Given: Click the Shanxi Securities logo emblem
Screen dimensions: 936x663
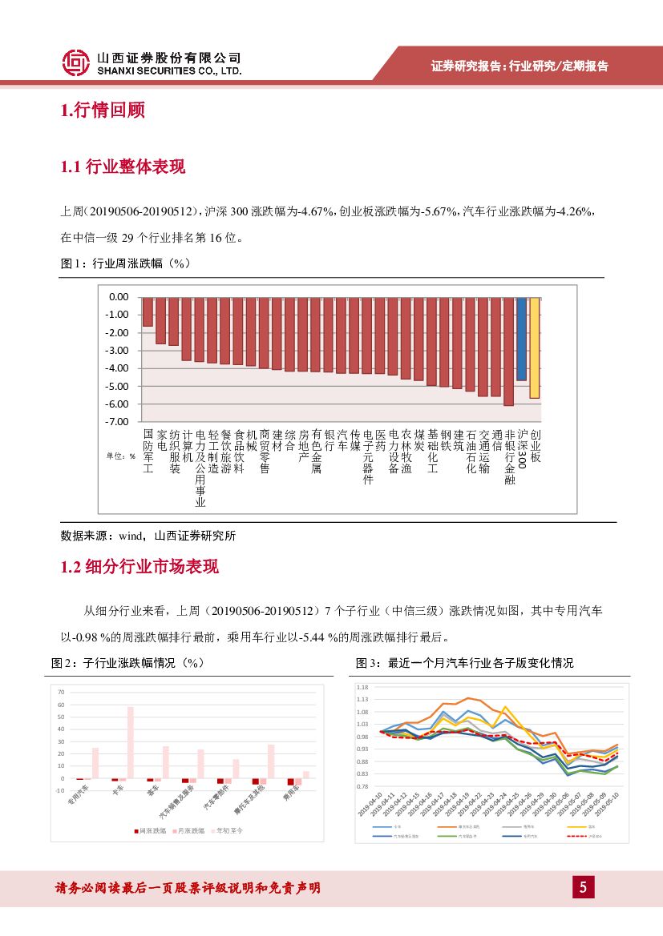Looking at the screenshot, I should pyautogui.click(x=75, y=62).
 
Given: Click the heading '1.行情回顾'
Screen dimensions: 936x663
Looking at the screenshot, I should pyautogui.click(x=103, y=110).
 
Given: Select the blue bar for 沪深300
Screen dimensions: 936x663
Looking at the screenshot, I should pyautogui.click(x=521, y=339).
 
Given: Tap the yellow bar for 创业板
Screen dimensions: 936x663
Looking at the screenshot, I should pyautogui.click(x=534, y=347).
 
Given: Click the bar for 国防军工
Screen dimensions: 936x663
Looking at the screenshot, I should pyautogui.click(x=148, y=311).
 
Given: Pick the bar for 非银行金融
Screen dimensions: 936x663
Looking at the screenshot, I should pyautogui.click(x=508, y=351).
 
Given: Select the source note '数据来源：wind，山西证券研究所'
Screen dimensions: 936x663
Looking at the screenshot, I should pyautogui.click(x=148, y=536).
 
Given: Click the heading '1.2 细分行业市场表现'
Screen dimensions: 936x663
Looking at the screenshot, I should pyautogui.click(x=139, y=568).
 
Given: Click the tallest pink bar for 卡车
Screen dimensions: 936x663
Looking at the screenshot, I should pyautogui.click(x=130, y=742).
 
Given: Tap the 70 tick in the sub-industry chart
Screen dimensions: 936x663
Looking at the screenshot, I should pyautogui.click(x=61, y=691).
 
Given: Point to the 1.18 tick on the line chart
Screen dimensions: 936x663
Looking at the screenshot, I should pyautogui.click(x=362, y=688).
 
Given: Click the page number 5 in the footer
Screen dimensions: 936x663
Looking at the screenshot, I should pyautogui.click(x=583, y=887).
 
